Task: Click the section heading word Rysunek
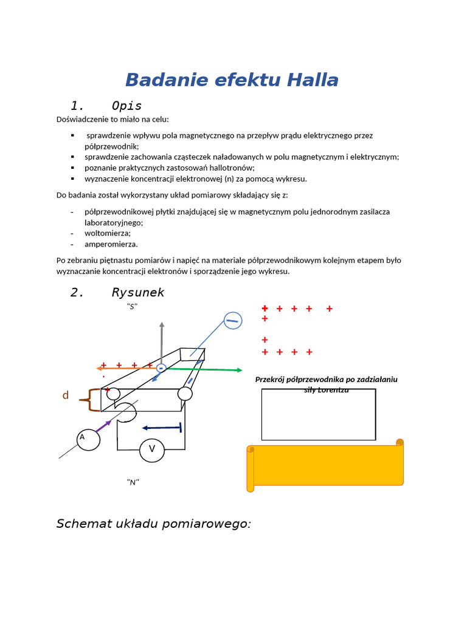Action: pos(138,293)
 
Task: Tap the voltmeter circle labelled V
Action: pos(152,449)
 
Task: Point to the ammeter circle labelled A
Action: pos(88,439)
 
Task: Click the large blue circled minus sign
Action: pos(233,320)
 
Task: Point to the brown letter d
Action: pos(66,395)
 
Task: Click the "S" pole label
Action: pos(132,306)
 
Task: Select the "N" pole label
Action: pos(133,482)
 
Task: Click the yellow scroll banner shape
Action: pos(326,465)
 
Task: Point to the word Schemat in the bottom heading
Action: pos(82,524)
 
